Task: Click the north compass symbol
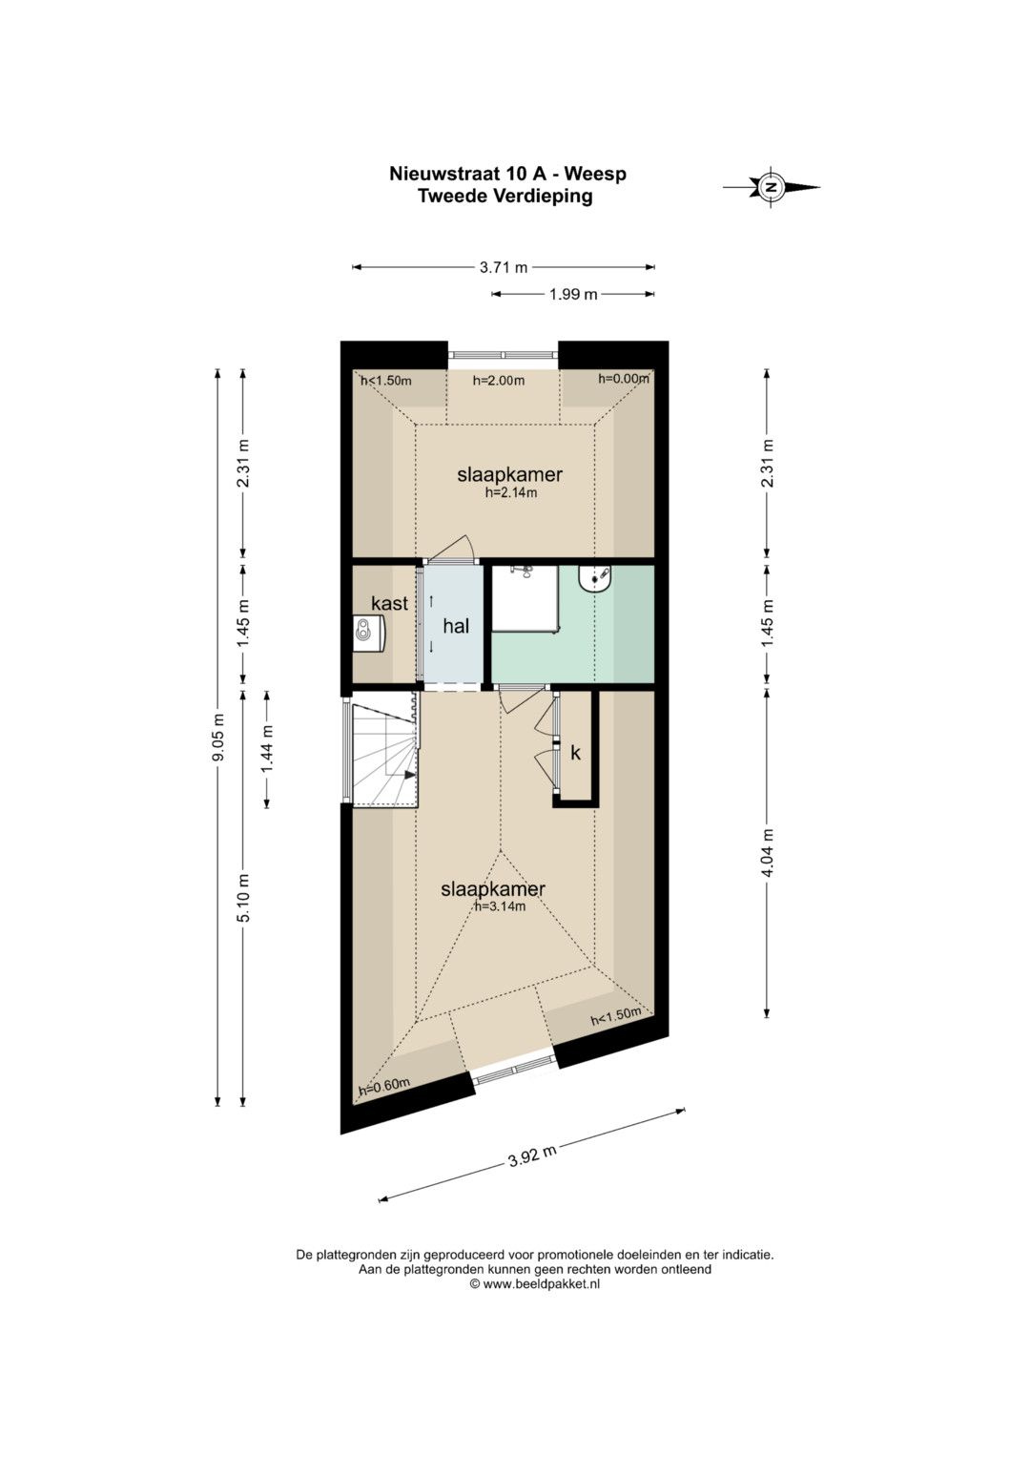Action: pyautogui.click(x=772, y=187)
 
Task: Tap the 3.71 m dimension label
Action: pyautogui.click(x=504, y=267)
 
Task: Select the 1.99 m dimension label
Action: pyautogui.click(x=573, y=295)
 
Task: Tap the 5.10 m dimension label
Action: pyautogui.click(x=243, y=898)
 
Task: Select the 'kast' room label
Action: pyautogui.click(x=389, y=603)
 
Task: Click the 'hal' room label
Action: pyautogui.click(x=456, y=626)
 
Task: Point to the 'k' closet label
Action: pyautogui.click(x=575, y=753)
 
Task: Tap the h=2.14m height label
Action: pyautogui.click(x=511, y=493)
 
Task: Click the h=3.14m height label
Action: pyautogui.click(x=500, y=906)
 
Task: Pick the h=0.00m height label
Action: pyautogui.click(x=624, y=378)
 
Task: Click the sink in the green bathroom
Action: pyautogui.click(x=596, y=579)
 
